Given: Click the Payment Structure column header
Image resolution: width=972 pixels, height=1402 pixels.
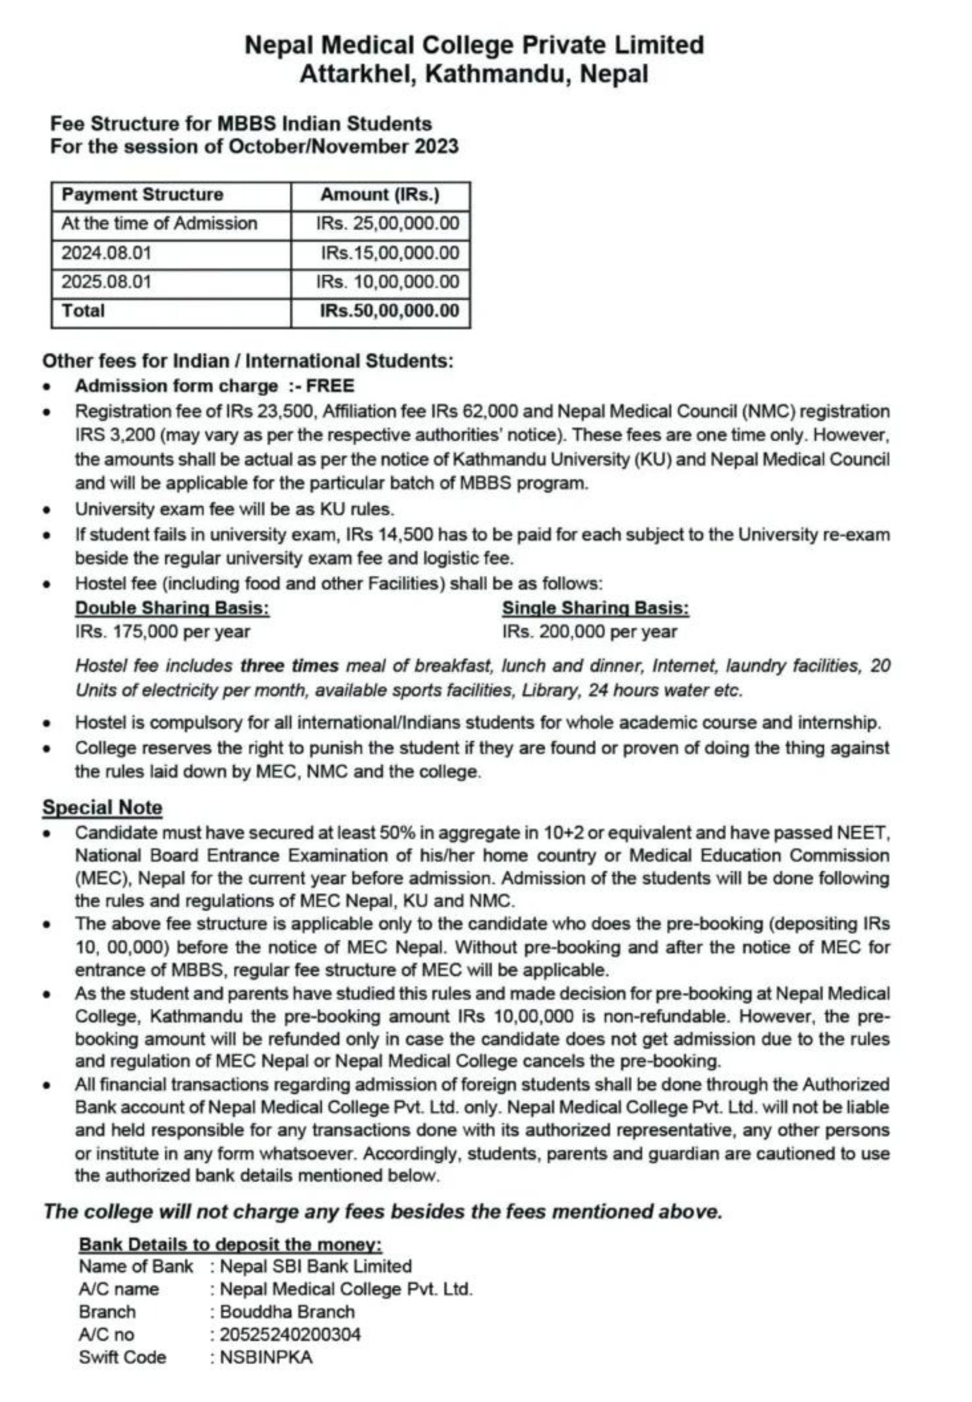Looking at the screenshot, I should pyautogui.click(x=143, y=195).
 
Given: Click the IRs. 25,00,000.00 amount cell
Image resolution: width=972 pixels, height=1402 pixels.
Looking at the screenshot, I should pyautogui.click(x=387, y=223).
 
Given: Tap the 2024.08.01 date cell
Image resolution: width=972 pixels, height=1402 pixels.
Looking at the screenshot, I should pyautogui.click(x=106, y=253).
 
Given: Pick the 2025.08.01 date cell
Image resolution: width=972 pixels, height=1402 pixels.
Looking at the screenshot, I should pyautogui.click(x=106, y=282).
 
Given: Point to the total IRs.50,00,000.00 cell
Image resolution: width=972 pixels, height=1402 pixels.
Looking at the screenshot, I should pyautogui.click(x=389, y=311).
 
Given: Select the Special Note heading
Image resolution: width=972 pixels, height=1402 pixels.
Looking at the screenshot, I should pyautogui.click(x=102, y=808).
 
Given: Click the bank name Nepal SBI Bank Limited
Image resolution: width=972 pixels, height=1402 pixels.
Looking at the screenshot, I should pyautogui.click(x=316, y=1266).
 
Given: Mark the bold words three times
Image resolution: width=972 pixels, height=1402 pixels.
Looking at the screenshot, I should pyautogui.click(x=289, y=666).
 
